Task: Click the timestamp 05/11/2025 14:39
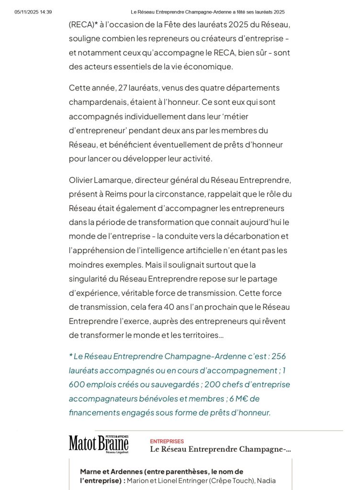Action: coord(33,12)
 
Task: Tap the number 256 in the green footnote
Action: coord(279,356)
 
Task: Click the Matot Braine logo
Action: coord(99,445)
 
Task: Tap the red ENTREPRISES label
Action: coord(167,441)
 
